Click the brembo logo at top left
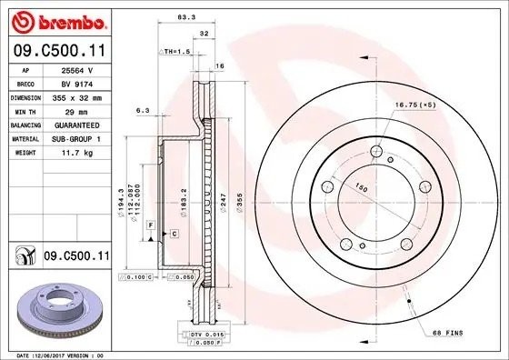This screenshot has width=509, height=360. click(x=55, y=21)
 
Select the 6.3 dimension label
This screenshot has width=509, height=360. click(x=142, y=110)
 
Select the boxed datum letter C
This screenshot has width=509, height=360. click(x=174, y=235)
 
